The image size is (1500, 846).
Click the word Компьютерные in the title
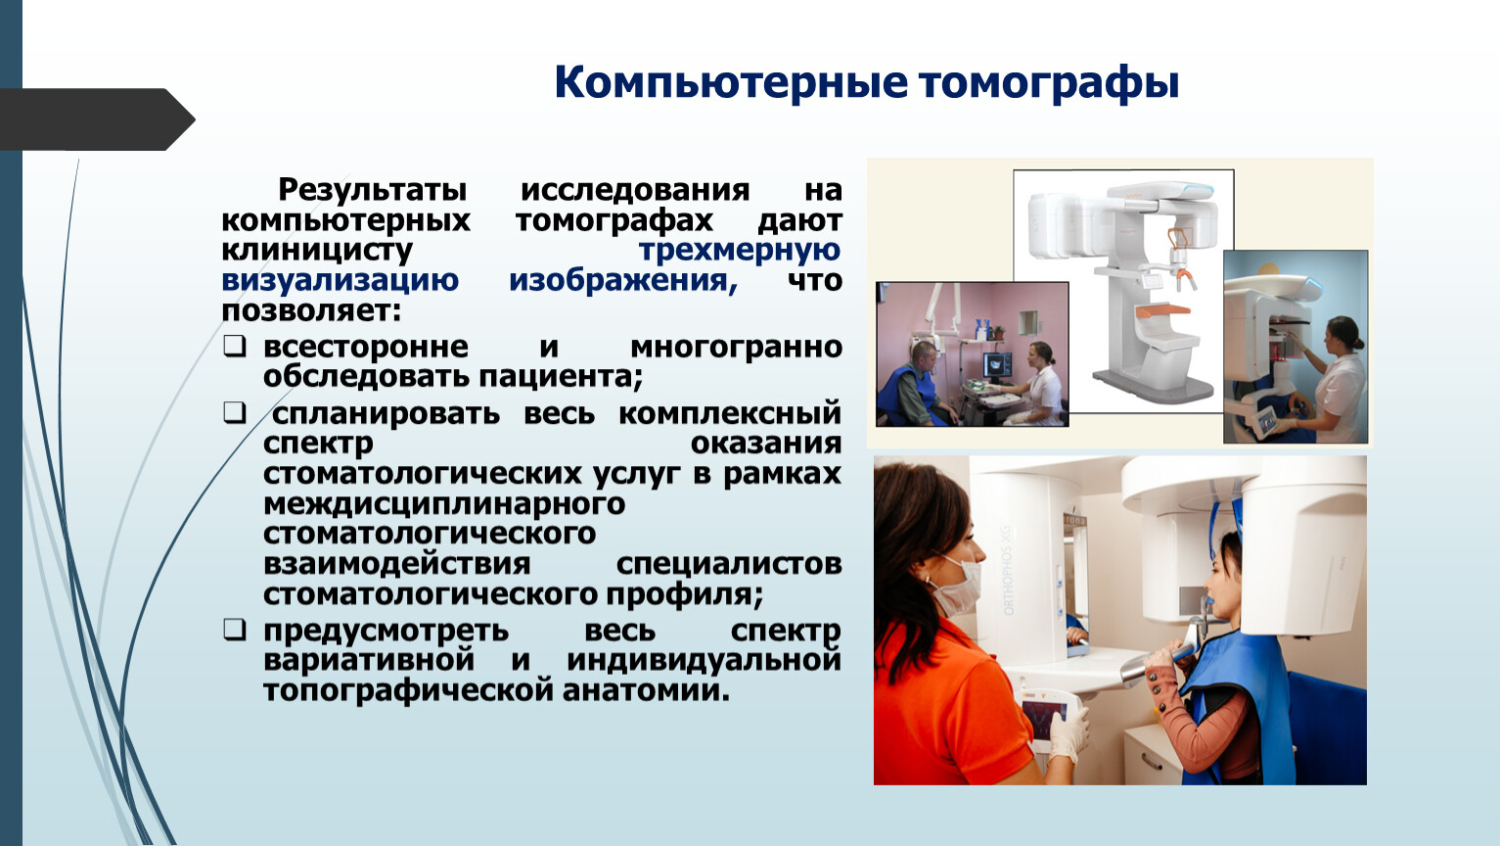(731, 84)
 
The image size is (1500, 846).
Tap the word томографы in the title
(1049, 84)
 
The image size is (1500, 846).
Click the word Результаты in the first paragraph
(373, 190)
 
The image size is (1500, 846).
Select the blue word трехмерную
(740, 250)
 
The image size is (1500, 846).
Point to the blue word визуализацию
(341, 280)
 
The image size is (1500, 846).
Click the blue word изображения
(623, 280)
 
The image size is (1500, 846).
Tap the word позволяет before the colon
(311, 310)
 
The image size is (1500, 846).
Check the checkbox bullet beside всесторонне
(235, 347)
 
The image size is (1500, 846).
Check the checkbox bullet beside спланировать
(235, 412)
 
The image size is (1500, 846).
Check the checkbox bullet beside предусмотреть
(235, 630)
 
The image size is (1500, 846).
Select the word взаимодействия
(396, 564)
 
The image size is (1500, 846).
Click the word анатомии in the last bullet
(646, 690)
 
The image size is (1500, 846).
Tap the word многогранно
(736, 348)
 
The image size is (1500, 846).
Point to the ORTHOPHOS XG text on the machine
(1009, 571)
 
